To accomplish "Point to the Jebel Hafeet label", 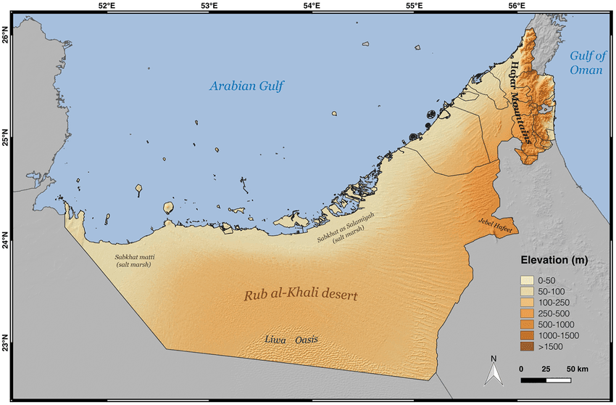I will tap(495, 229).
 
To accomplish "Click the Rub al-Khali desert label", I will tap(301, 296).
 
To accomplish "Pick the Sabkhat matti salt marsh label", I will tap(134, 261).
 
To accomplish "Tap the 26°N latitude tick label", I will tap(7, 35).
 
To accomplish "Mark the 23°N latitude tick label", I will tap(7, 343).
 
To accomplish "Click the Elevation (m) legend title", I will tap(554, 260).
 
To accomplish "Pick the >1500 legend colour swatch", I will tap(528, 348).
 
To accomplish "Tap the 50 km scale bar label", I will tap(578, 369).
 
